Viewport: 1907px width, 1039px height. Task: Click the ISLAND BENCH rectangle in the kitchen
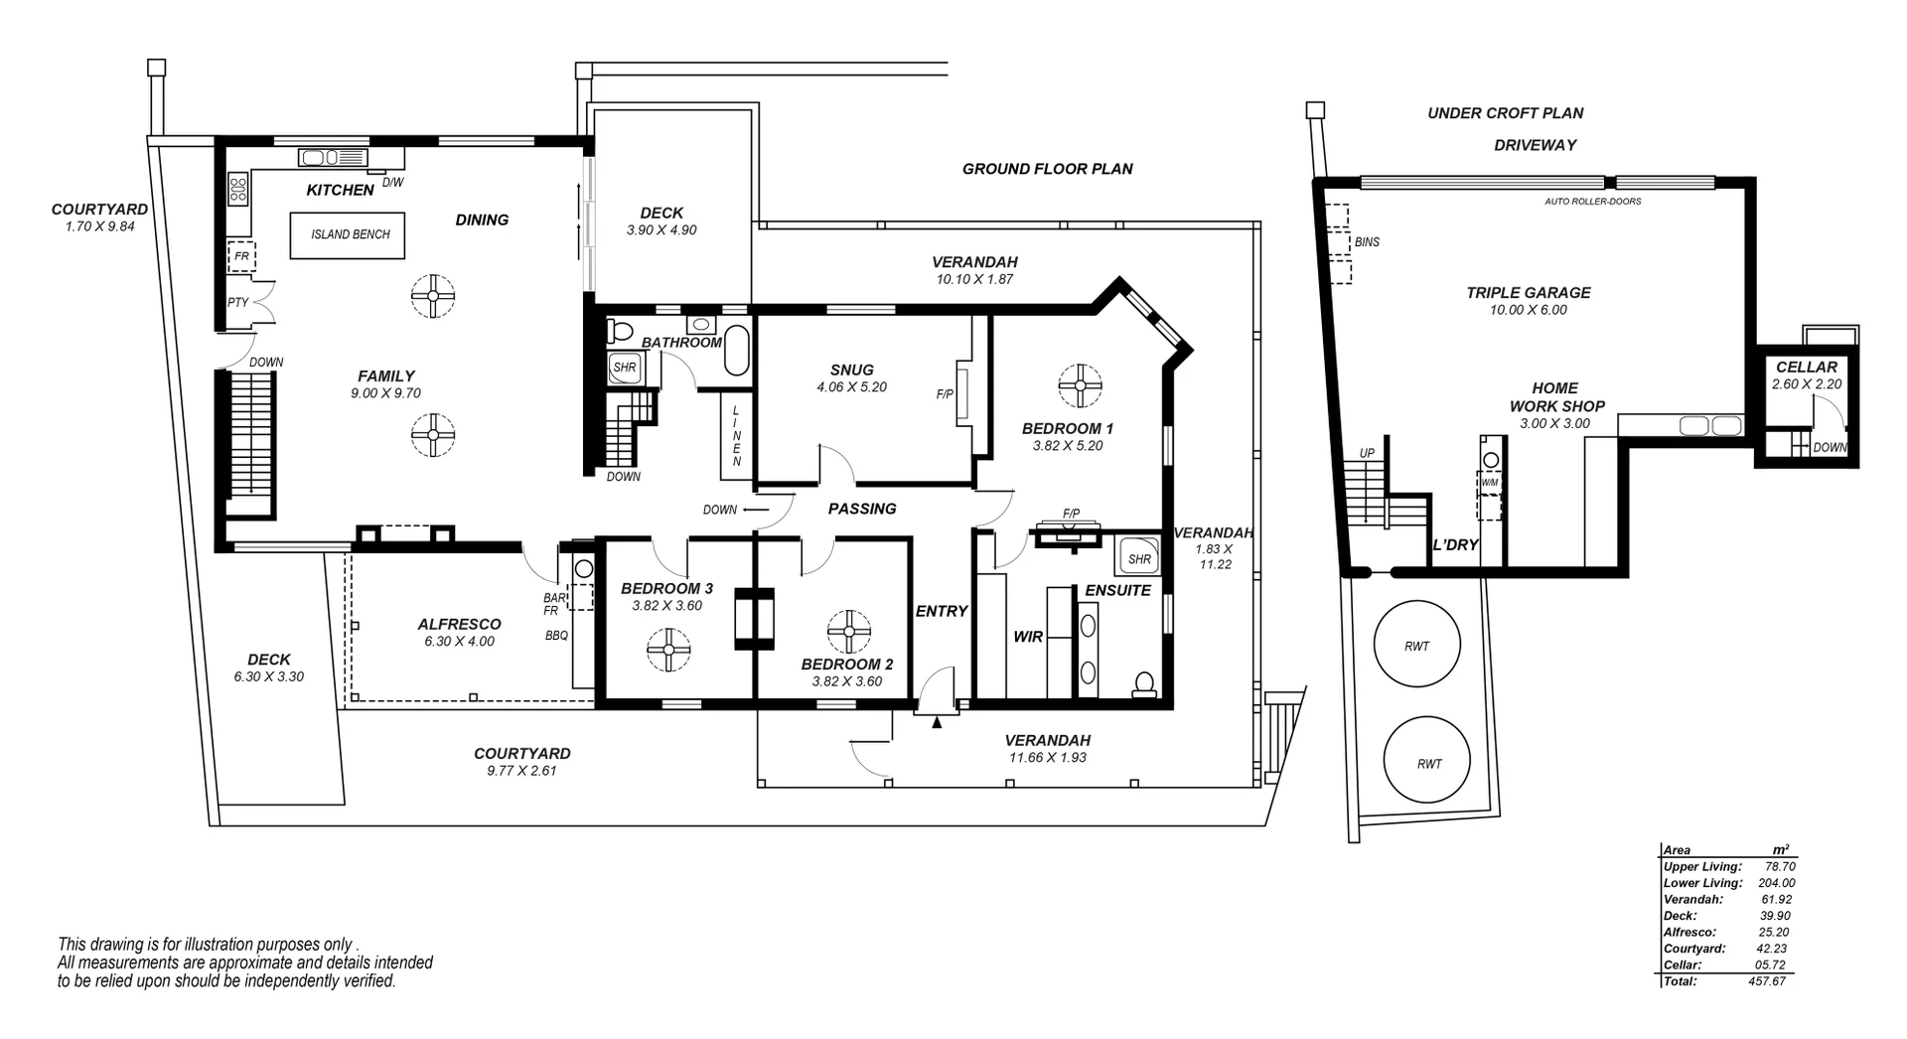click(347, 235)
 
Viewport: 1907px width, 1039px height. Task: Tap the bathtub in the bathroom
click(736, 350)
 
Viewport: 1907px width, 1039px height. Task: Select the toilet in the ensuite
click(1144, 683)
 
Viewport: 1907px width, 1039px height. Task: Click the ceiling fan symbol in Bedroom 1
click(1079, 385)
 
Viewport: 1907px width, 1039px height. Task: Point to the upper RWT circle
click(1416, 645)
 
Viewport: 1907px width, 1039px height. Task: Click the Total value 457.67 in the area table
click(1767, 981)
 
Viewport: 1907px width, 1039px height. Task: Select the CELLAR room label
click(1807, 367)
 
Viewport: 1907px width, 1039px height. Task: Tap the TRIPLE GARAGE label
click(1528, 292)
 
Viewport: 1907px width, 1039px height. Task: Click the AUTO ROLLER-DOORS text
click(1592, 202)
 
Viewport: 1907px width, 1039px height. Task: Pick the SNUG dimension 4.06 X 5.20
click(851, 387)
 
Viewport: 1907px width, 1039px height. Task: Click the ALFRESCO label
click(459, 624)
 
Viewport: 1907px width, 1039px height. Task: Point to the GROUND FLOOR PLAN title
click(1047, 169)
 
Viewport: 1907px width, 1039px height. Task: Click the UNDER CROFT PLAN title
click(1505, 113)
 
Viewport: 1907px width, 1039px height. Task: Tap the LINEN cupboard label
click(736, 436)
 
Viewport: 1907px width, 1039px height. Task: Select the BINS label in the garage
click(1367, 242)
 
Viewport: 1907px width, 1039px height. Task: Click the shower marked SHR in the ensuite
click(1138, 558)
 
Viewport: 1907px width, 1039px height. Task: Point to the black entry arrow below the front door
click(936, 723)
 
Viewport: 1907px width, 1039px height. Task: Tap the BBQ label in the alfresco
click(556, 636)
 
